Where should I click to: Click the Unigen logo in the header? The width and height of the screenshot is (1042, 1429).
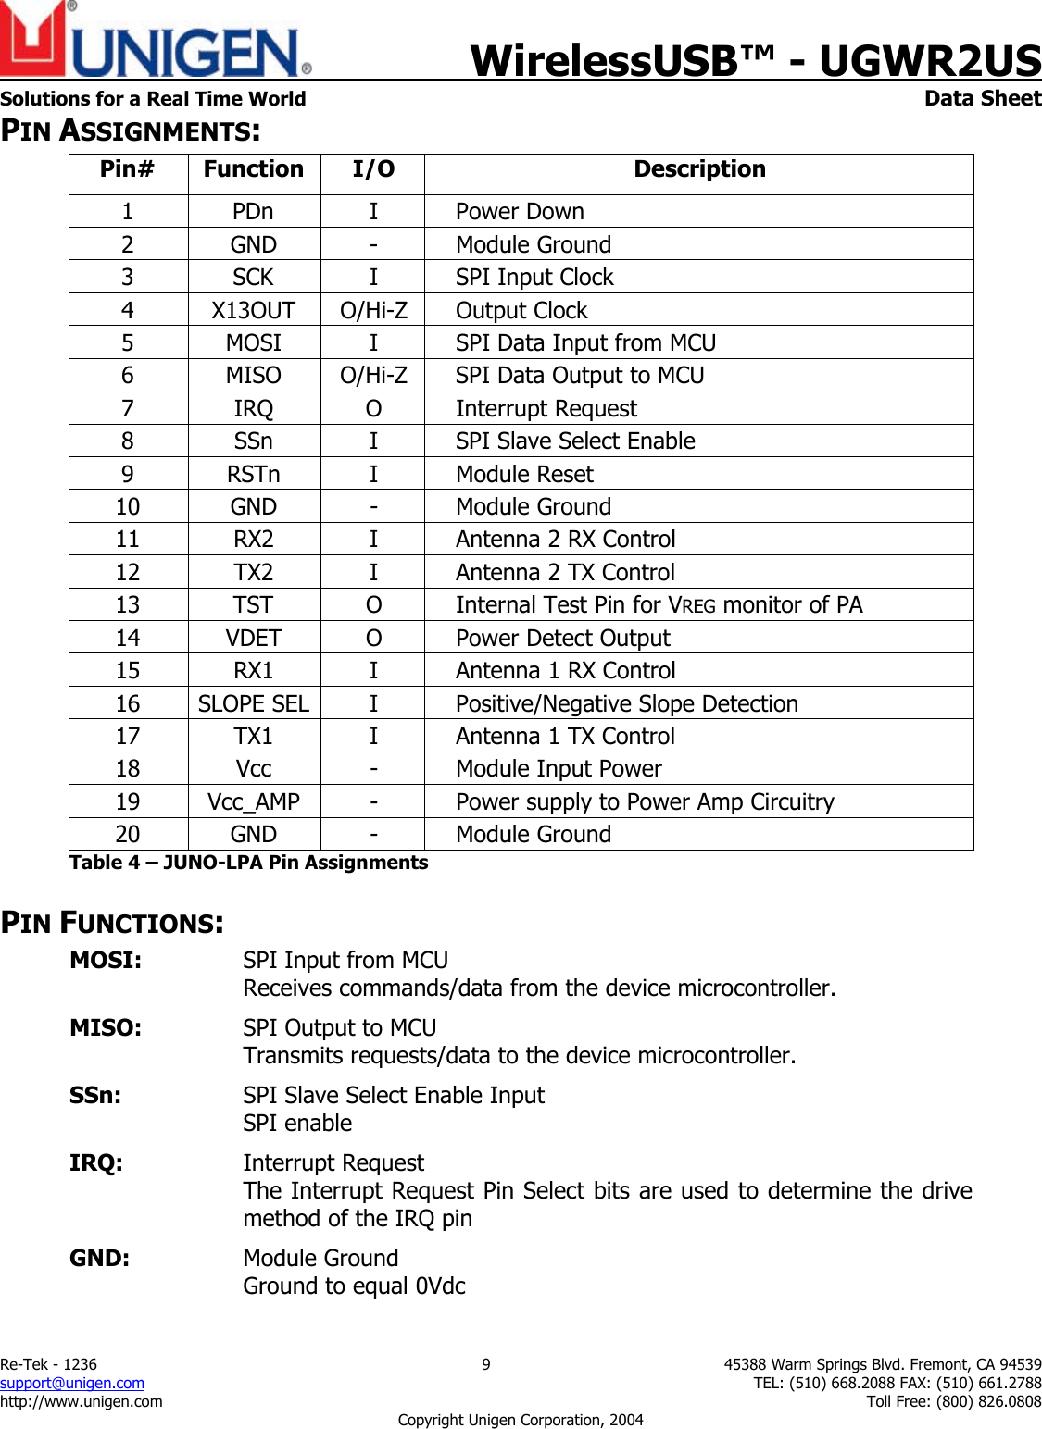tap(155, 42)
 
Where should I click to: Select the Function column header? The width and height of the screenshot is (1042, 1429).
tap(254, 169)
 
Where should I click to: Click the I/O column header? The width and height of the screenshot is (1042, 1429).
tap(373, 169)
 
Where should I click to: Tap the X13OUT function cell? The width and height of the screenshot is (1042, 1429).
tap(254, 311)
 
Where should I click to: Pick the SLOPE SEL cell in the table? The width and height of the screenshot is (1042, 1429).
tap(254, 704)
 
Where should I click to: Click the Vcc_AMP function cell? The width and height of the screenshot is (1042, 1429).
tap(254, 802)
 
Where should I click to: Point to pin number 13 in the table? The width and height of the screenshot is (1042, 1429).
tap(128, 605)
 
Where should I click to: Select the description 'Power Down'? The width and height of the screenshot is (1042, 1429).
tap(520, 212)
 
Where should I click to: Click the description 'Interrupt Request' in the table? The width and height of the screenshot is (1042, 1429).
tap(546, 409)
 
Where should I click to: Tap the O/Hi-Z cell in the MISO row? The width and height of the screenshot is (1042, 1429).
tap(373, 376)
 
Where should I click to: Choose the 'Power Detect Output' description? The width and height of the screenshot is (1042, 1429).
tap(562, 639)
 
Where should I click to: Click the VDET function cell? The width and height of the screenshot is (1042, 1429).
tap(254, 639)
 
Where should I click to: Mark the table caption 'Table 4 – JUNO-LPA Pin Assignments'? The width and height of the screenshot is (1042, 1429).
tap(248, 863)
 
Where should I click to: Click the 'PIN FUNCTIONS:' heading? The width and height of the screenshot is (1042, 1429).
tap(112, 923)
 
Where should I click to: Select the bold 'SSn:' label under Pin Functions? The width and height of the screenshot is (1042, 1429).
tap(95, 1096)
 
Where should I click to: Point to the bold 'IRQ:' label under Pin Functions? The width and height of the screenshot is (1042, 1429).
tap(96, 1163)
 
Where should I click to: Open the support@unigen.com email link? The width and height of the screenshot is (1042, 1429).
tap(72, 1383)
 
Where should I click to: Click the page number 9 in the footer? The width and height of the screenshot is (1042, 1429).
tap(486, 1364)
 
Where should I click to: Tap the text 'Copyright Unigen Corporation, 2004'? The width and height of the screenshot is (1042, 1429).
tap(520, 1420)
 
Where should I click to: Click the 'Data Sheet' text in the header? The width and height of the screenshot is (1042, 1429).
tap(982, 98)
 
